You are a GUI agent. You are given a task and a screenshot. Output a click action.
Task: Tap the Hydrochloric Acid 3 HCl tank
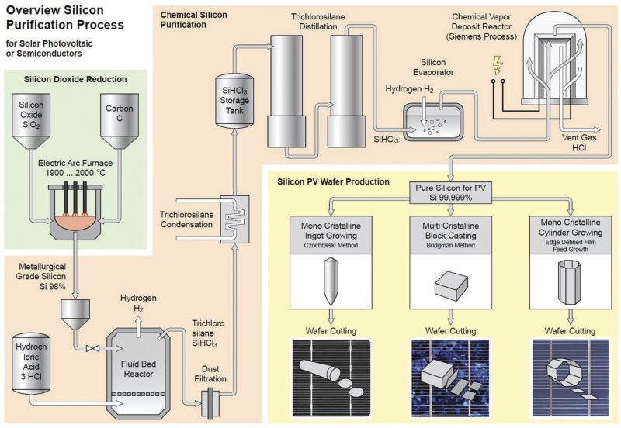(x=32, y=364)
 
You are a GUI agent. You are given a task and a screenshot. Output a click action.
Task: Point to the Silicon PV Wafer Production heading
(x=333, y=181)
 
